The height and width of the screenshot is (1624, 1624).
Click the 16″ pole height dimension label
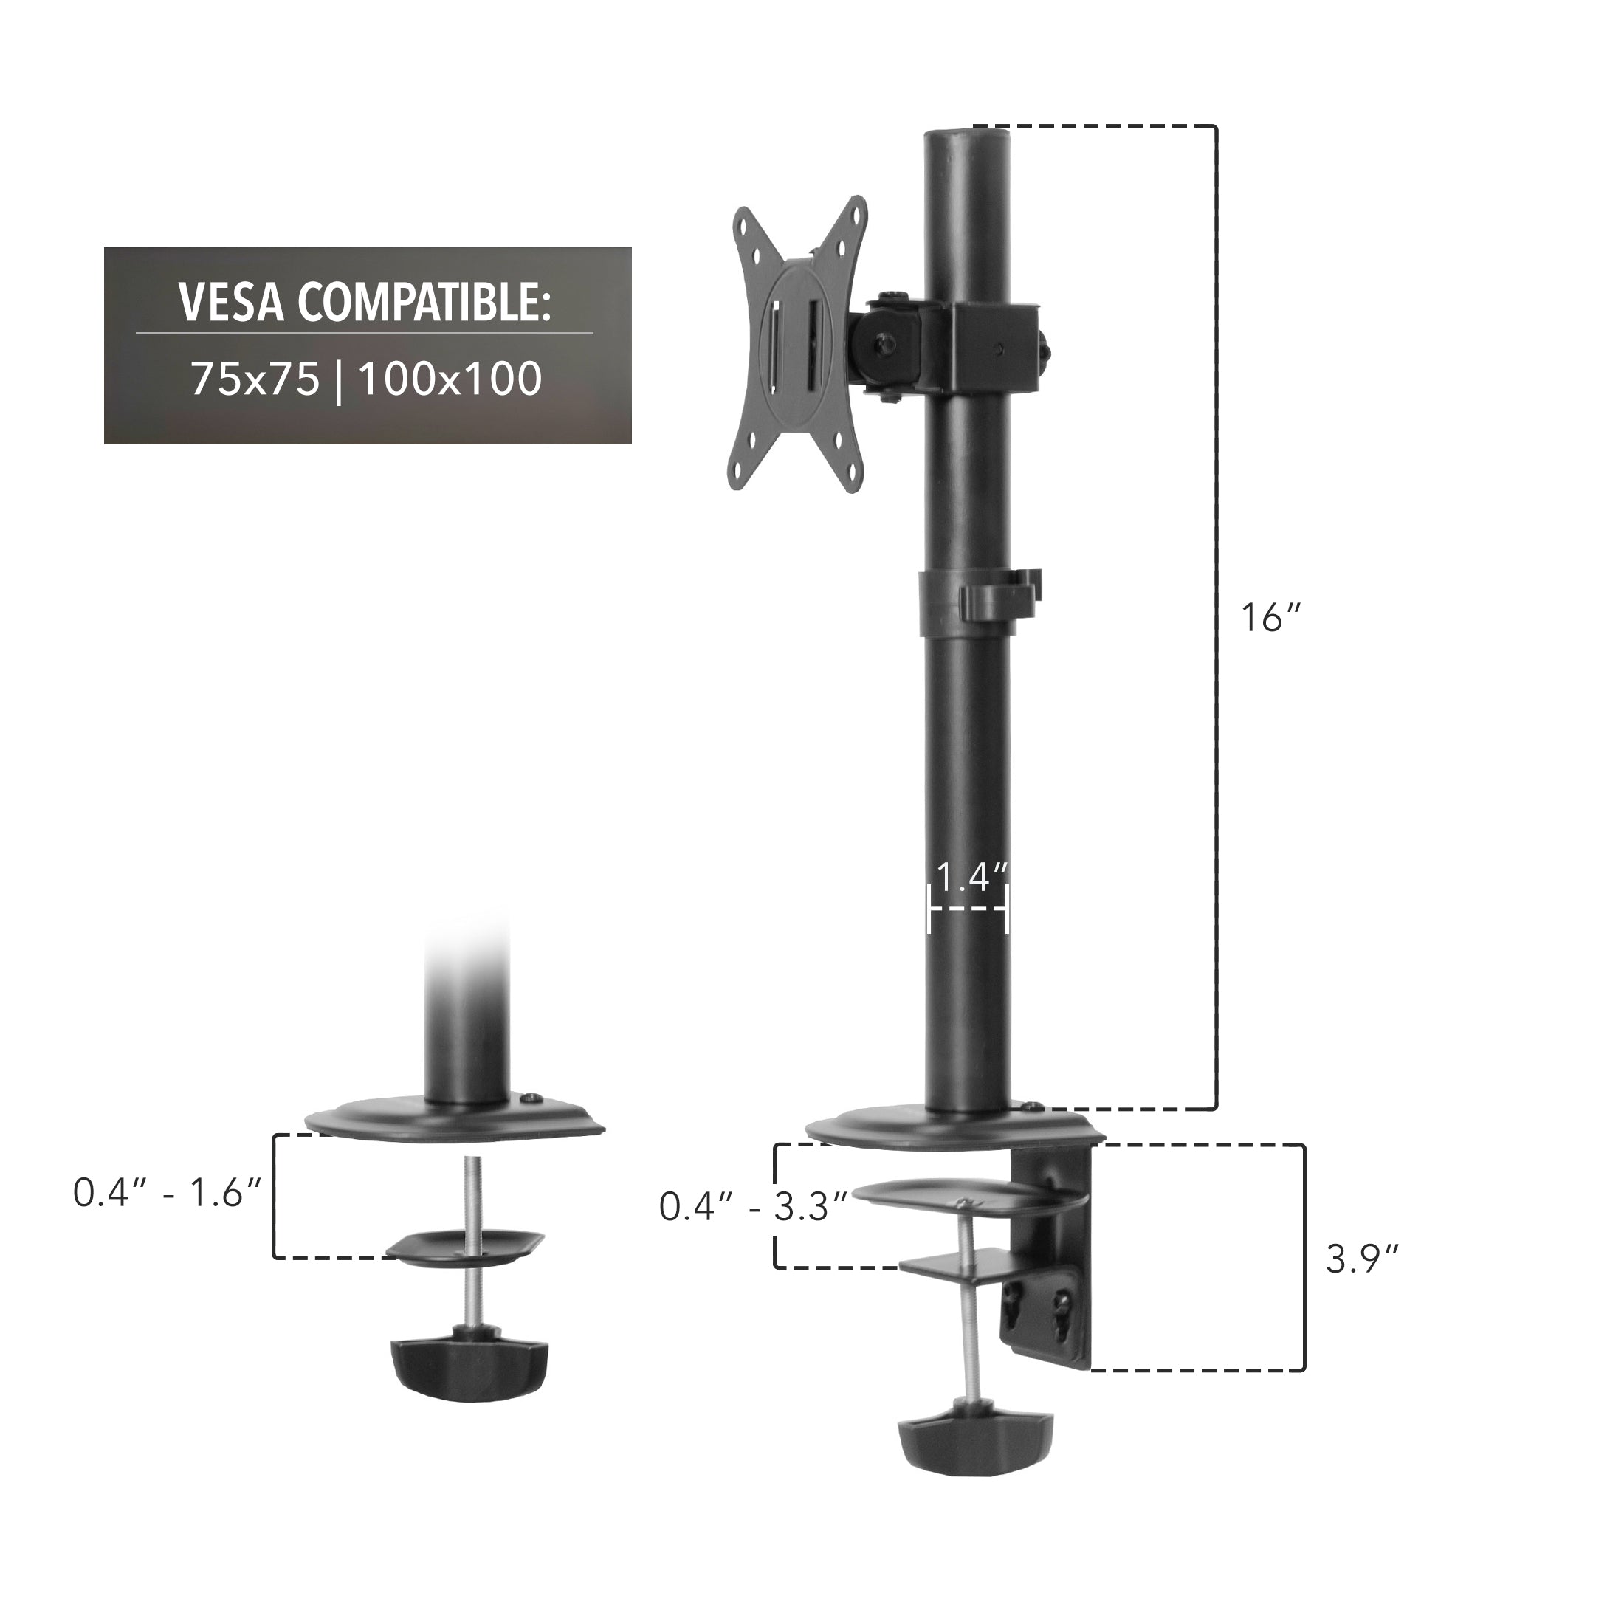pos(1270,618)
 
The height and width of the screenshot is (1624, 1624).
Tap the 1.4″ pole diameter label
pos(971,878)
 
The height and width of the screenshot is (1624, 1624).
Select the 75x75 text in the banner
pos(255,379)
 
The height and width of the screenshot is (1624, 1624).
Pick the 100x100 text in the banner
pos(450,379)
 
